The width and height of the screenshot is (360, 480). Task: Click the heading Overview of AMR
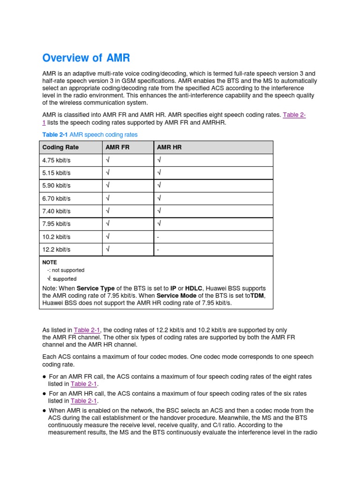(86, 58)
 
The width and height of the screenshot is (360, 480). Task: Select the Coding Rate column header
(60, 147)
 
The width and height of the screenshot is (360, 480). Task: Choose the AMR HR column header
(169, 147)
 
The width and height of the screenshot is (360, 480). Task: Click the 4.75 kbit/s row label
(56, 160)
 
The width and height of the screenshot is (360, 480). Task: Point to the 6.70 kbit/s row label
(56, 199)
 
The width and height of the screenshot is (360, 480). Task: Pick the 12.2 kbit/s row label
(56, 250)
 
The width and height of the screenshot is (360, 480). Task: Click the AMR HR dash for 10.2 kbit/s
(158, 237)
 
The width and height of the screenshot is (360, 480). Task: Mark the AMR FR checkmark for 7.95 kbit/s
(108, 224)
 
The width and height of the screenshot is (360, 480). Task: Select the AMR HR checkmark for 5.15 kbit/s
(159, 173)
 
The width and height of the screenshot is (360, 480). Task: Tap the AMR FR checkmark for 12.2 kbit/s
(108, 250)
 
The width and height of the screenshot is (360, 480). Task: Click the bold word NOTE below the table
(50, 262)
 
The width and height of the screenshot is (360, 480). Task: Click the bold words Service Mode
(176, 296)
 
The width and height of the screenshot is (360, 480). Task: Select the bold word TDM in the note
(257, 296)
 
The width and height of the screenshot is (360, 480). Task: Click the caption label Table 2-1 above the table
(55, 135)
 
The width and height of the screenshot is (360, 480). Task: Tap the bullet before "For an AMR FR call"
(44, 377)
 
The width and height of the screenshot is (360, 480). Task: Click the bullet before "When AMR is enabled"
(44, 411)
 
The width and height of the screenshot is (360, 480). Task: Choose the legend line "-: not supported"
(66, 270)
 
